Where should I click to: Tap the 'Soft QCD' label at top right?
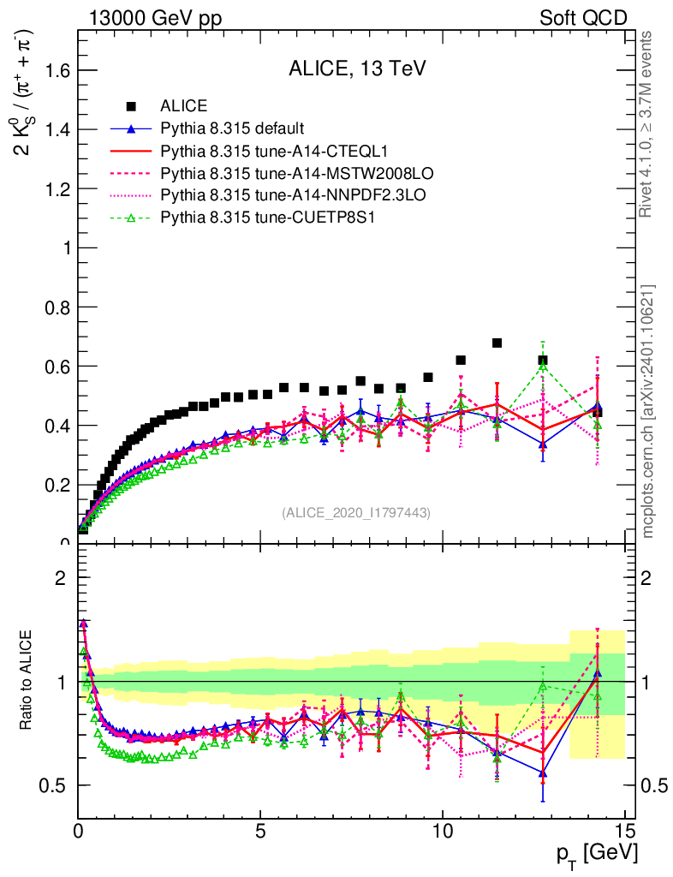583,18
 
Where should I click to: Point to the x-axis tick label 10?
443,830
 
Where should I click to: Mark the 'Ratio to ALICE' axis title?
28,682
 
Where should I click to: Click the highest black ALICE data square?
497,343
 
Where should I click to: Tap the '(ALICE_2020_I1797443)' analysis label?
356,512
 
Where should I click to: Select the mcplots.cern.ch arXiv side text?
648,411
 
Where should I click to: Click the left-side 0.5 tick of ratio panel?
60,785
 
